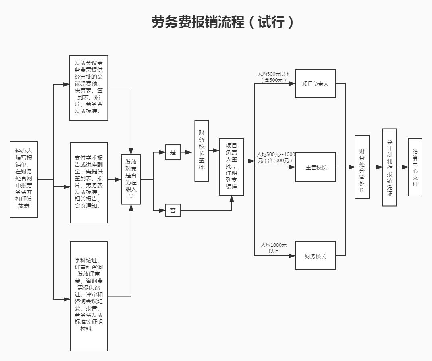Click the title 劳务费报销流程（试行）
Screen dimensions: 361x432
tap(223, 22)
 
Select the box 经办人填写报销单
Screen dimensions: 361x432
tap(24, 179)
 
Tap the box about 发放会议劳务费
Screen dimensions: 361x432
tap(89, 88)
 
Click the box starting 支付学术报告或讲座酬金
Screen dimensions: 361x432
tap(89, 183)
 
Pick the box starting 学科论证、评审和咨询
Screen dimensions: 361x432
tap(89, 296)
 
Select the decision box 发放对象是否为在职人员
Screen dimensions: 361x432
tap(131, 179)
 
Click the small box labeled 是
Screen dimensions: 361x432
tap(173, 152)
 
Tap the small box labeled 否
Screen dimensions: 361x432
tap(173, 211)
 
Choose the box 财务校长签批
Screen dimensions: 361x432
tap(201, 150)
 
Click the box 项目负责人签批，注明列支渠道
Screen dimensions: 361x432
tap(231, 167)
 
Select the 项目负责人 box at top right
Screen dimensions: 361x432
tap(315, 84)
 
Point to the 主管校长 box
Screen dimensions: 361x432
tap(315, 167)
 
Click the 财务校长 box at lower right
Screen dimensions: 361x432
tap(315, 256)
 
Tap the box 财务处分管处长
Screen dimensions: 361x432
tap(362, 167)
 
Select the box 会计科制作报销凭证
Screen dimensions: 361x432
tap(389, 167)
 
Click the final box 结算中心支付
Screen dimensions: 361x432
tap(415, 167)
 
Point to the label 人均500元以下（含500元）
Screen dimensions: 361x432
tap(274, 77)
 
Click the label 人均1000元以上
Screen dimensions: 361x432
tap(274, 248)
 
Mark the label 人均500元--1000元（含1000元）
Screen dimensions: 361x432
tap(276, 157)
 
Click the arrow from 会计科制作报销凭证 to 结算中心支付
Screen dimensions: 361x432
tap(402, 167)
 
